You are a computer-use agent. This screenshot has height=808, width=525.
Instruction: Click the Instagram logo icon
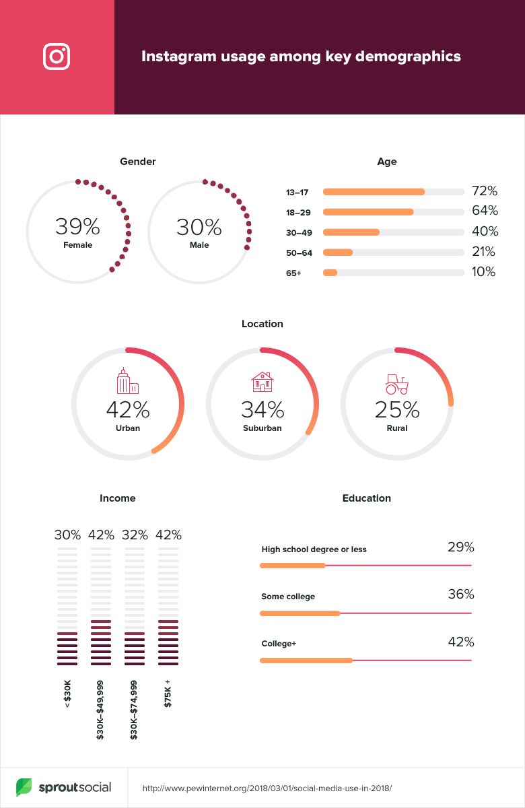pos(57,57)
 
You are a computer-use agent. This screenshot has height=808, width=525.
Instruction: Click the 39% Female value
pos(77,227)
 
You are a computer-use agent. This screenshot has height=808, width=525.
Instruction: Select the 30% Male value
pos(199,227)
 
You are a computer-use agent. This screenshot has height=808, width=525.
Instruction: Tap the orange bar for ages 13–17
pos(374,192)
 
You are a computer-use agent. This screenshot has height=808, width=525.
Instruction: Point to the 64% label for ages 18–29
pos(484,211)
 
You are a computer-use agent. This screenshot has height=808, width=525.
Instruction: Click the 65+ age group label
pos(293,273)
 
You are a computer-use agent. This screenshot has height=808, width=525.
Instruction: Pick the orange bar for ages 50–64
pos(338,252)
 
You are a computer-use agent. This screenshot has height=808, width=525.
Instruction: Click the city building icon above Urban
pos(127,381)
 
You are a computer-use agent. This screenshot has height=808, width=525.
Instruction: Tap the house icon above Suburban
pos(262,382)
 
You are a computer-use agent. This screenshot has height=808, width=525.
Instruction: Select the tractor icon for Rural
pos(396,384)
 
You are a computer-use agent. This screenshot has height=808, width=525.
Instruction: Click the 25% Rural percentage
pos(397,409)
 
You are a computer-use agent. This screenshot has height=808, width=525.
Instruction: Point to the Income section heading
pos(118,498)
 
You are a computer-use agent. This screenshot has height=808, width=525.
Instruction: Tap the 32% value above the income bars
pos(135,535)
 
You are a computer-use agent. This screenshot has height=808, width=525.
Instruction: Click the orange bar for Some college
pos(300,613)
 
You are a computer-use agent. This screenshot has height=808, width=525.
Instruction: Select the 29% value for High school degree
pos(461,547)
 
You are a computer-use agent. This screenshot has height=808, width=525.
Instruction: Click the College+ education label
pos(279,644)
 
